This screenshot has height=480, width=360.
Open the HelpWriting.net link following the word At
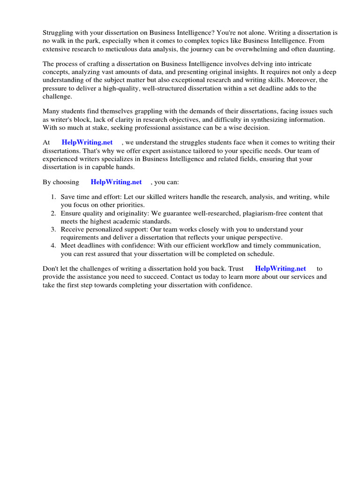pyautogui.click(x=87, y=142)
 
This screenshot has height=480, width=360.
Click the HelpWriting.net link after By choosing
pyautogui.click(x=116, y=182)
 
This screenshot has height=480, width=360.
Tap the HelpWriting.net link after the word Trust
pyautogui.click(x=280, y=269)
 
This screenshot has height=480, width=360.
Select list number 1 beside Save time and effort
pyautogui.click(x=53, y=197)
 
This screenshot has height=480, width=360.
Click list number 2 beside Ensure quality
pyautogui.click(x=53, y=213)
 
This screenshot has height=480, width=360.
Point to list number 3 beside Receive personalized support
pyautogui.click(x=53, y=230)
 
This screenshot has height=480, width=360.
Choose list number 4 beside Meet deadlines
pyautogui.click(x=53, y=246)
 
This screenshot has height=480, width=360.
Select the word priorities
pyautogui.click(x=128, y=205)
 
